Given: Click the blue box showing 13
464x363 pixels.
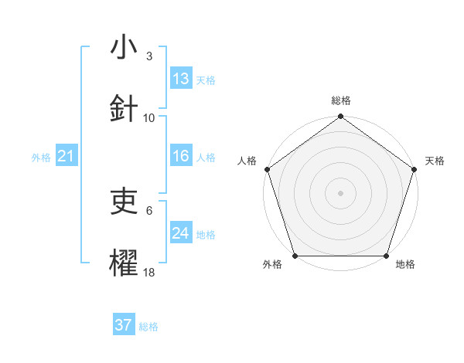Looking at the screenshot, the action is tap(181, 79).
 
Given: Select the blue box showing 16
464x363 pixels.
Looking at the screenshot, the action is tap(181, 156).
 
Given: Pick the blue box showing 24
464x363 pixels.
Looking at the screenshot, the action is tap(181, 233).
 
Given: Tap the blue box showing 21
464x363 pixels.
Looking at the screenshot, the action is tap(67, 157).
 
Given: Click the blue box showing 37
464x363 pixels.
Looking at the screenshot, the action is tap(124, 325).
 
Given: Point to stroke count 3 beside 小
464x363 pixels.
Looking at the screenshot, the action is tap(149, 56).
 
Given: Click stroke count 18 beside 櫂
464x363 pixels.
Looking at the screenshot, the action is tap(149, 272).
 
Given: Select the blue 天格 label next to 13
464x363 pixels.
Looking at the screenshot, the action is tap(206, 80).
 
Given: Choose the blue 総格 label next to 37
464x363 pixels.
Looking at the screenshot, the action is tap(148, 326).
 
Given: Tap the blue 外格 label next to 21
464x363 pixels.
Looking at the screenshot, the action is tap(41, 158).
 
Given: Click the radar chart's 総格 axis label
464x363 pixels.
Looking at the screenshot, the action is tap(341, 100).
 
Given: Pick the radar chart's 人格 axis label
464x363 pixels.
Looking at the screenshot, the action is tap(247, 161).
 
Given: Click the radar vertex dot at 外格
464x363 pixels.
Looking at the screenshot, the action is tap(295, 256).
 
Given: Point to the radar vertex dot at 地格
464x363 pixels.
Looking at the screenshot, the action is tap(387, 256).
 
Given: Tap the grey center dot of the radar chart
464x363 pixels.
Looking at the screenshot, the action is tap(340, 192).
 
